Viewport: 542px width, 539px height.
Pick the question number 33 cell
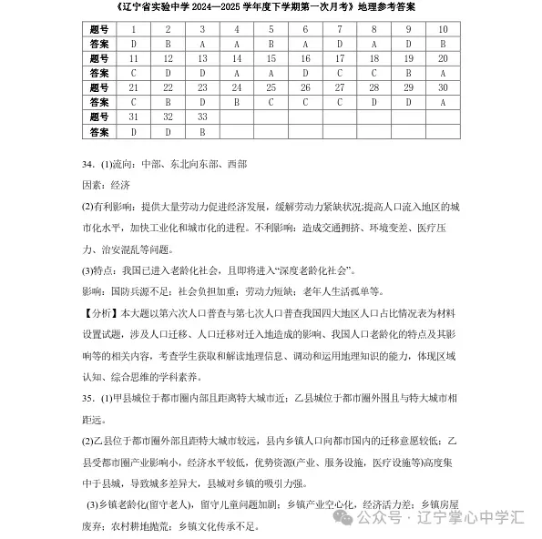click(x=202, y=117)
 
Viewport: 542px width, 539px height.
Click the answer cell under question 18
click(x=373, y=73)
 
